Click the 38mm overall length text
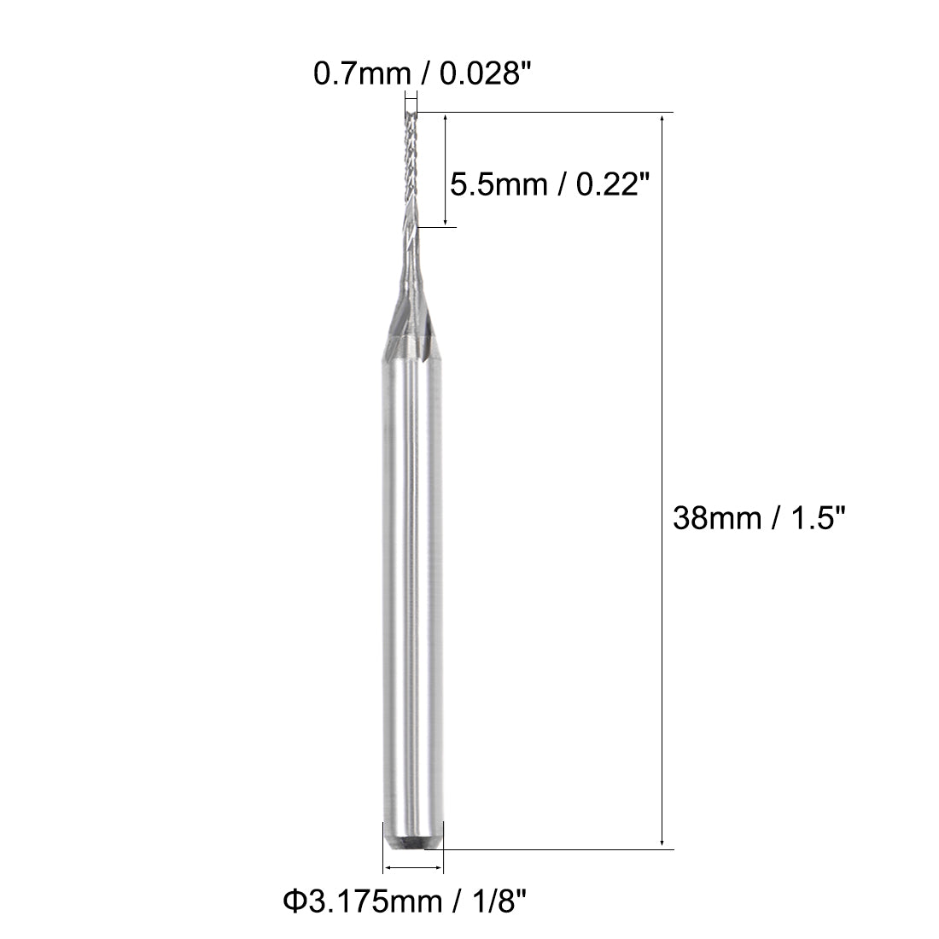(x=715, y=517)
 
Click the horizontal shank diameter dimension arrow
(x=414, y=868)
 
